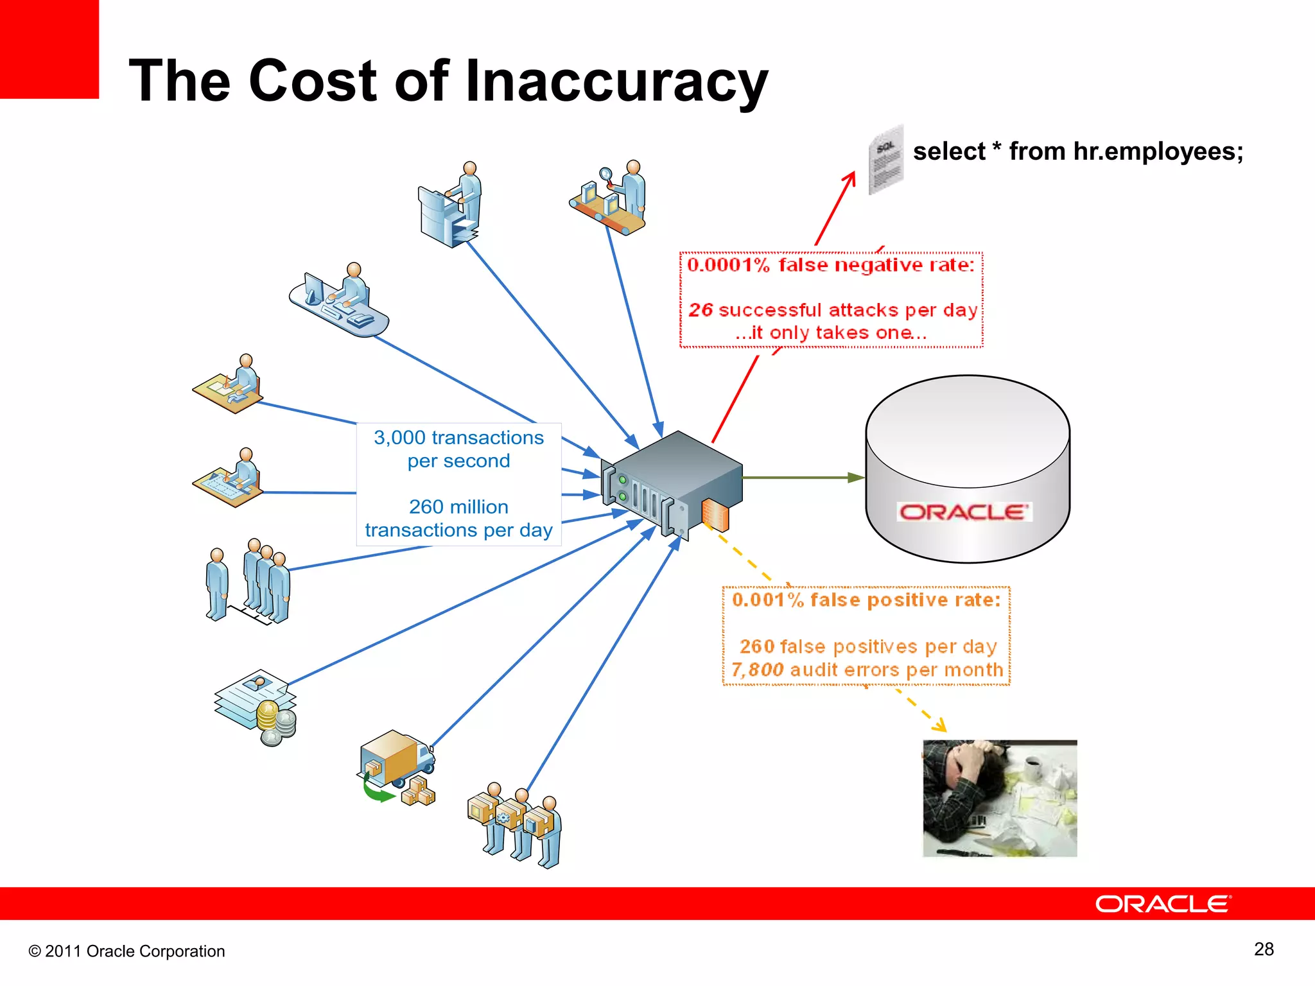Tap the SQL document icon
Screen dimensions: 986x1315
(886, 160)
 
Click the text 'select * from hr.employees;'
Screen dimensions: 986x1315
(1078, 151)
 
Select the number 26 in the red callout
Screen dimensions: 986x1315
(701, 310)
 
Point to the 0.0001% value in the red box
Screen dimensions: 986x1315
(728, 265)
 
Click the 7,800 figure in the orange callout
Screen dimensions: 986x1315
(757, 670)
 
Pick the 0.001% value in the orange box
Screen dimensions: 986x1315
(768, 600)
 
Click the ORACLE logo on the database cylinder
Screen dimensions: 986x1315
(964, 512)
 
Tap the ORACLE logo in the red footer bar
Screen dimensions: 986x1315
(1163, 904)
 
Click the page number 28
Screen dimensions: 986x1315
(1264, 949)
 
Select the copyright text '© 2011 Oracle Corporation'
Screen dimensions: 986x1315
(126, 951)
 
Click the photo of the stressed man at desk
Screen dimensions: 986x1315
(1000, 798)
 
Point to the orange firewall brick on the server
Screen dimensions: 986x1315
(716, 515)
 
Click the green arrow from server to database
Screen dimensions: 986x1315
(803, 478)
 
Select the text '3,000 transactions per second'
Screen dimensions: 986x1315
(458, 449)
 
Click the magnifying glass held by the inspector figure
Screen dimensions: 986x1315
(605, 173)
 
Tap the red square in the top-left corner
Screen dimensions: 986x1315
(49, 49)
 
